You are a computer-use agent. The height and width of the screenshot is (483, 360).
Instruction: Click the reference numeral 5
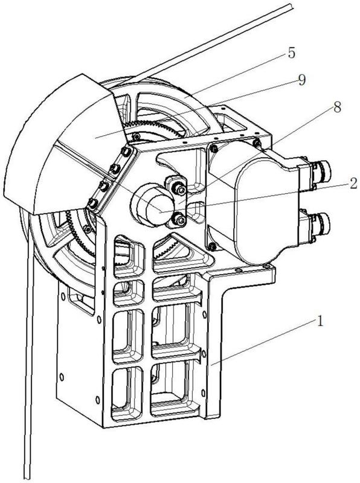coord(292,53)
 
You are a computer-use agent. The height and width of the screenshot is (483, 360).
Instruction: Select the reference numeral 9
coord(301,80)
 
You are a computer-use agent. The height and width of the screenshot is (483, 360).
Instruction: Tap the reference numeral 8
coord(337,107)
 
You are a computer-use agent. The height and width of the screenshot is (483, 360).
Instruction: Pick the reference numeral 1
coord(321,321)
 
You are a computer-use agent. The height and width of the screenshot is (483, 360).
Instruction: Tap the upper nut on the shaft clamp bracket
coord(179,188)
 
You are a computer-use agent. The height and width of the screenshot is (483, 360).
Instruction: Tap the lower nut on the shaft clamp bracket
coord(179,219)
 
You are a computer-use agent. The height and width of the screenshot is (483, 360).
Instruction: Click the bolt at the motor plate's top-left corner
coord(213,149)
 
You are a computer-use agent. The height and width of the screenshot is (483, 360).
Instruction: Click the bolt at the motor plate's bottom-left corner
coord(212,246)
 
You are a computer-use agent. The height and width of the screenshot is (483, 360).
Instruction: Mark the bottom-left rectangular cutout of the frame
coord(127,394)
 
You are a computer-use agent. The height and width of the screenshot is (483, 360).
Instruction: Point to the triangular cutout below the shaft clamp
coord(182,252)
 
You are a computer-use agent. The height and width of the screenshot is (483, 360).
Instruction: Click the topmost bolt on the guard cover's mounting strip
coord(125,152)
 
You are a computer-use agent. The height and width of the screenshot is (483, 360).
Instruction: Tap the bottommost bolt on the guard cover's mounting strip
coord(92,203)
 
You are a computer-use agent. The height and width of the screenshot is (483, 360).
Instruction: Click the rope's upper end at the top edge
coord(291,6)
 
